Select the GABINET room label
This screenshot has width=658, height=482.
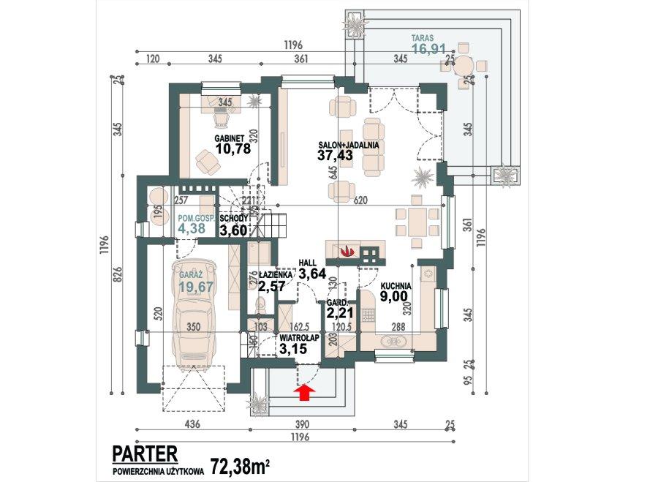(x=229, y=138)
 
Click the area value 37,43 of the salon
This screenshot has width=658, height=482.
(x=335, y=155)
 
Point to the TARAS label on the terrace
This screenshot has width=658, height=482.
(x=424, y=38)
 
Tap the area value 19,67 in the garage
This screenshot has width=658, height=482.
(x=194, y=287)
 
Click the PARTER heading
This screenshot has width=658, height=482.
(x=144, y=453)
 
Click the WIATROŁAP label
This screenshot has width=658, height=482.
(x=298, y=339)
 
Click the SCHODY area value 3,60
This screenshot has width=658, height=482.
(x=235, y=230)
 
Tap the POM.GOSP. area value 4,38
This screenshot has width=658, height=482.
(x=192, y=228)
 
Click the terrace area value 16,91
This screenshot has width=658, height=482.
(x=428, y=50)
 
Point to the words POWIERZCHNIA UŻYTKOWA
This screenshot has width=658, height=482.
(x=158, y=472)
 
